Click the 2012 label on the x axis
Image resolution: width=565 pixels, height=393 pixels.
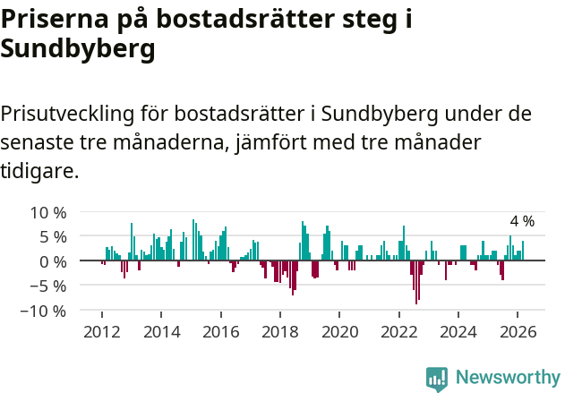102,331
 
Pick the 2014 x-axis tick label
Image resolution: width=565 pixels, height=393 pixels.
161,331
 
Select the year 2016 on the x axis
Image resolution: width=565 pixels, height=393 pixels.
220,331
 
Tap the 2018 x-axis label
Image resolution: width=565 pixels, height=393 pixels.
280,331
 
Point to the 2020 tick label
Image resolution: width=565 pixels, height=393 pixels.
339,331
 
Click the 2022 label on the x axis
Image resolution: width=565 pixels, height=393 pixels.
398,331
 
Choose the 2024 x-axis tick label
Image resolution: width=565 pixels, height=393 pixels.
458,331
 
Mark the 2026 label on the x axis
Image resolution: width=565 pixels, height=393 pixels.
518,331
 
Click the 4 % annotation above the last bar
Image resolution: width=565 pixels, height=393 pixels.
522,221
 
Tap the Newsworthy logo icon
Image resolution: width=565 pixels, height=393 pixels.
437,378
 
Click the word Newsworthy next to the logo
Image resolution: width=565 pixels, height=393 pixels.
507,378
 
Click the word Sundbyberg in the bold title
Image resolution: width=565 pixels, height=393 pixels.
78,50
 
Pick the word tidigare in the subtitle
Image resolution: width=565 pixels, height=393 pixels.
40,170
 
